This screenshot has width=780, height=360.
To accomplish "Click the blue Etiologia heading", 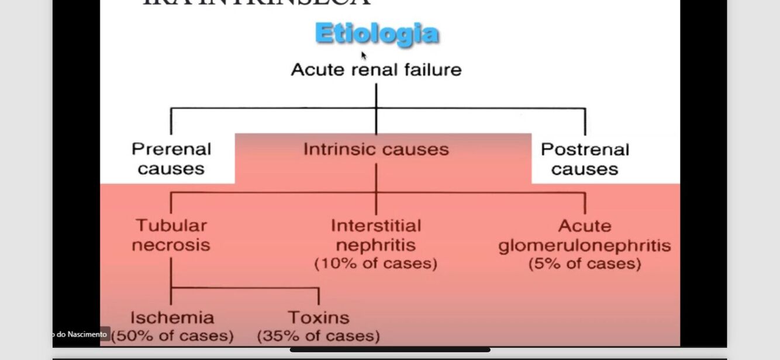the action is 377,34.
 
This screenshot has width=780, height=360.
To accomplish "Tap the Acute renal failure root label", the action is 376,70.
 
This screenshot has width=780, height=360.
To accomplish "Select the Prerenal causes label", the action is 171,159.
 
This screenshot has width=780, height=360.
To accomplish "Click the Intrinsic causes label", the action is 376,150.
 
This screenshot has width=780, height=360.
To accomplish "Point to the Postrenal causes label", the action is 585,159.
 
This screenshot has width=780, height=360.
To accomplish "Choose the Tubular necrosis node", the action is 171,235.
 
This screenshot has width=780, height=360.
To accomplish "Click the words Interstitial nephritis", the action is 376,235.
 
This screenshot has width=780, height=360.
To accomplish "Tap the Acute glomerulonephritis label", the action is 584,236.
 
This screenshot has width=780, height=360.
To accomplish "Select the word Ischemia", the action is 172,318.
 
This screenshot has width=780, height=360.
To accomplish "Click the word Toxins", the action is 319,318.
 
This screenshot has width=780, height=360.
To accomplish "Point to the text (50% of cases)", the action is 172,337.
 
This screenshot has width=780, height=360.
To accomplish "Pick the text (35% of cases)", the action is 319,337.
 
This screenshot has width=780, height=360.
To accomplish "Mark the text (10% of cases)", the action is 376,264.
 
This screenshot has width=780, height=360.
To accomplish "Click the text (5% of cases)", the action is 584,264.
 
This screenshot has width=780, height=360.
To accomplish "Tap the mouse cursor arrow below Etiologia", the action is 364,56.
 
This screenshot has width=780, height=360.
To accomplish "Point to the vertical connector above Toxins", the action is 319,296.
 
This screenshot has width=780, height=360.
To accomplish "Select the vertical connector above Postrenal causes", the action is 585,122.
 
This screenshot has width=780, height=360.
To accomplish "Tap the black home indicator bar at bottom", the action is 390,350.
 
